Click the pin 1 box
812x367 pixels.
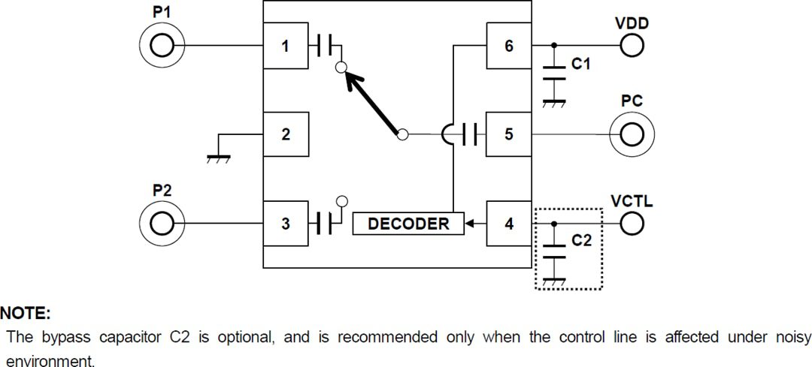tap(285, 46)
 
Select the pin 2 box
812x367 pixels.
tap(285, 134)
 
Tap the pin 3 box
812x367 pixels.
tap(285, 223)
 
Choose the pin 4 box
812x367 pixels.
tap(509, 223)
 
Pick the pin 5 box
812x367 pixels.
tap(509, 134)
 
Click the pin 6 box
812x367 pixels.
tap(509, 46)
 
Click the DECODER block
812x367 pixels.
tap(408, 223)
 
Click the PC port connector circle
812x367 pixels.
tap(632, 134)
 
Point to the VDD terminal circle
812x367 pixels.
tap(632, 46)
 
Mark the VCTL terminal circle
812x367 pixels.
tap(632, 223)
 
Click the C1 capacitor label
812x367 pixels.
tap(581, 65)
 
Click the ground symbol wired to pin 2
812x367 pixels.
tap(219, 157)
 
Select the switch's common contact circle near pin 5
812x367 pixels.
tap(402, 134)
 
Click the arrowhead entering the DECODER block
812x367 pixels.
tap(471, 223)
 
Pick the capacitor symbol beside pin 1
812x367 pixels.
tap(325, 46)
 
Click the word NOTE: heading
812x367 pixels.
tap(24, 312)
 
